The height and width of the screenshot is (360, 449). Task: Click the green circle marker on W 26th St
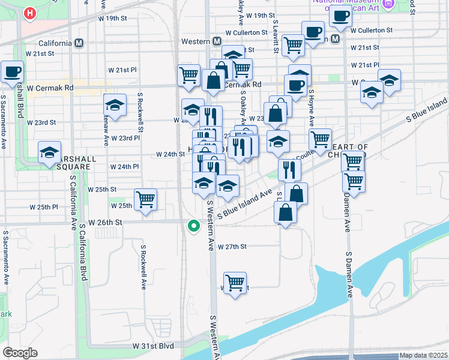pyautogui.click(x=193, y=226)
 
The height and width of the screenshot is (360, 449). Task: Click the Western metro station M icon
pyautogui.click(x=218, y=41)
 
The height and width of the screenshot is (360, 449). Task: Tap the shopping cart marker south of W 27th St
pyautogui.click(x=235, y=281)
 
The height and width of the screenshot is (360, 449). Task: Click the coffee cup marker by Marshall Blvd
pyautogui.click(x=13, y=71)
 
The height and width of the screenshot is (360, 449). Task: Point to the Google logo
pyautogui.click(x=20, y=353)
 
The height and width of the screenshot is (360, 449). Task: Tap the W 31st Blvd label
pyautogui.click(x=153, y=347)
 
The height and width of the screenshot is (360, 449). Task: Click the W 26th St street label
pyautogui.click(x=106, y=222)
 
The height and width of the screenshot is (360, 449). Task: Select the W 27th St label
pyautogui.click(x=232, y=247)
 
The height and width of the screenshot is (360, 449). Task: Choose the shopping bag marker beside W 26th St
pyautogui.click(x=285, y=212)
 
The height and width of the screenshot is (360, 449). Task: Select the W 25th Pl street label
pyautogui.click(x=44, y=207)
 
